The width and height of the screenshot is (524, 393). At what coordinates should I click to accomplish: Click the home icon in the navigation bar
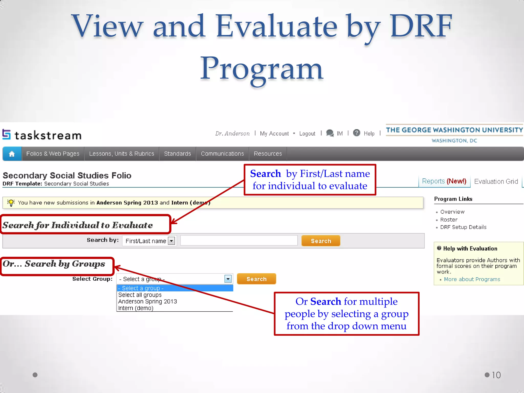click(x=12, y=154)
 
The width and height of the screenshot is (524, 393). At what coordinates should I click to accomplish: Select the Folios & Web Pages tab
click(x=53, y=154)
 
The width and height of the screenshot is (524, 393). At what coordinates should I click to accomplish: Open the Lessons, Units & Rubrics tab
click(x=122, y=154)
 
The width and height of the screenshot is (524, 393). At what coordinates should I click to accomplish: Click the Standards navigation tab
click(x=177, y=154)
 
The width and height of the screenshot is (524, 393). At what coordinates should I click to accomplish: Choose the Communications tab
click(x=222, y=154)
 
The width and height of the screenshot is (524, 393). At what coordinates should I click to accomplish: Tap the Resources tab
click(x=268, y=154)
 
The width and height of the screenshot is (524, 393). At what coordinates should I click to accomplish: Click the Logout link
click(x=307, y=134)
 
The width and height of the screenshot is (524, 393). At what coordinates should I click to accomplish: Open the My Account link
click(x=274, y=134)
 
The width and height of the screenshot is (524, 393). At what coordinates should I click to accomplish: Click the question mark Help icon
click(x=356, y=133)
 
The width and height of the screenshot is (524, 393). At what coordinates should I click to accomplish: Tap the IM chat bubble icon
click(x=330, y=133)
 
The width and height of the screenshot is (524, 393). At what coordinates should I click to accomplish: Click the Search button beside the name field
click(x=321, y=241)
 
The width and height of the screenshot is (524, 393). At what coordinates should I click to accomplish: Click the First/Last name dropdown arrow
click(x=171, y=241)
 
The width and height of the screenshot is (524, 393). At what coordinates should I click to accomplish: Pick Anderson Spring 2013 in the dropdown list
click(x=147, y=301)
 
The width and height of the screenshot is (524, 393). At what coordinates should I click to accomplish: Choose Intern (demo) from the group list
click(x=136, y=308)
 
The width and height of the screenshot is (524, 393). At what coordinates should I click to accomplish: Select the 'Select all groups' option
click(x=140, y=295)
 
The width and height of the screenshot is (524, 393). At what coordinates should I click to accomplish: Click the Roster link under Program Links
click(x=449, y=220)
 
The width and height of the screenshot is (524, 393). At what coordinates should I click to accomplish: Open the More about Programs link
click(x=472, y=279)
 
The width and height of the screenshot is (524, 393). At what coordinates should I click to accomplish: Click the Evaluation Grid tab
click(x=496, y=181)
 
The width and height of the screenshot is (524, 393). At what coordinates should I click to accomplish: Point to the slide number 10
click(x=496, y=375)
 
